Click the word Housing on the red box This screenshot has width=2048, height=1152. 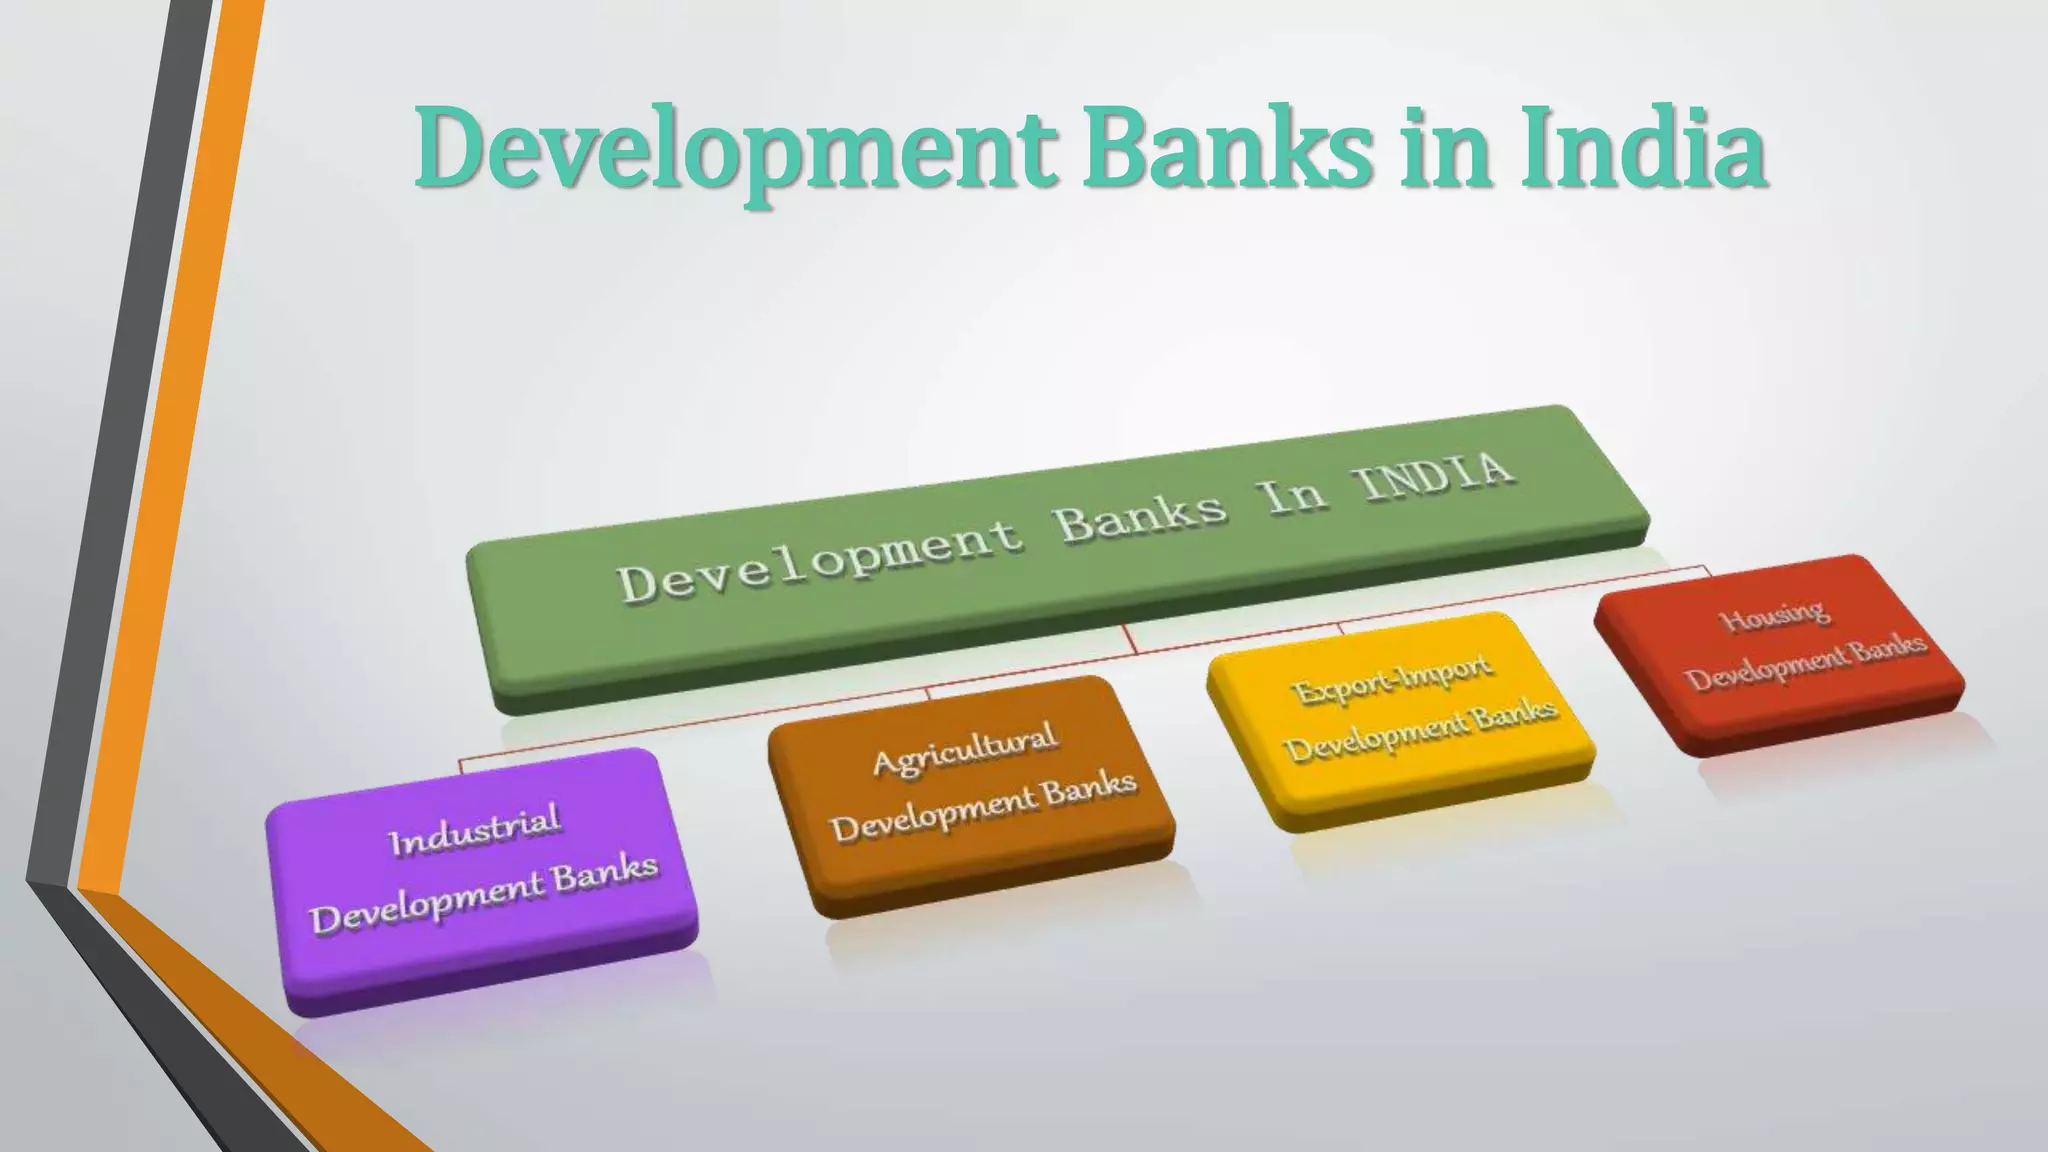click(1775, 614)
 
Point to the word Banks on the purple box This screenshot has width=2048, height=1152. click(606, 873)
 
